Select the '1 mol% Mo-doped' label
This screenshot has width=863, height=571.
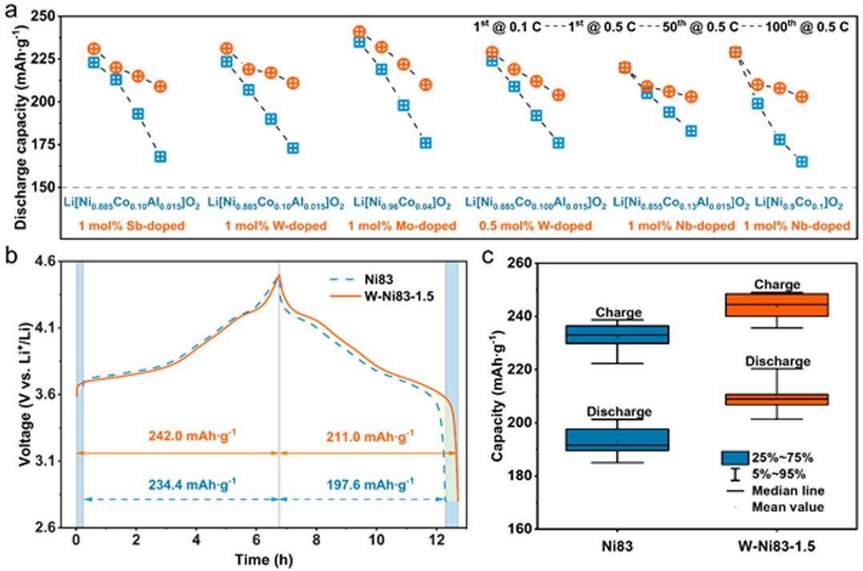401,226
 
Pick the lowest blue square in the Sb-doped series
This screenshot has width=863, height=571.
160,157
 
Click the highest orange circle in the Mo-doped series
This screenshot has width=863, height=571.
359,32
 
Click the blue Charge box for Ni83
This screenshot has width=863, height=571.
617,334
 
